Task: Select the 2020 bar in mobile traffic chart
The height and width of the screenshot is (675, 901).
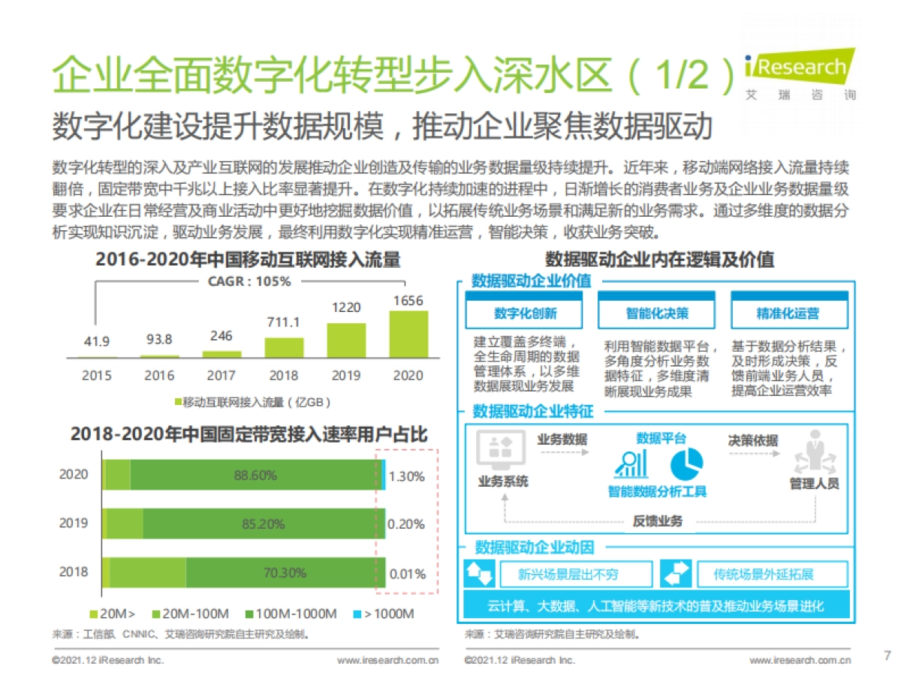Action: [x=408, y=334]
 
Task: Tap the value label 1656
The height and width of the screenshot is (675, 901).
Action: [x=408, y=301]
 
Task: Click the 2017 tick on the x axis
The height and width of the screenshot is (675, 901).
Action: [x=221, y=375]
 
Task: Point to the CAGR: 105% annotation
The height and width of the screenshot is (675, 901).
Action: [x=249, y=281]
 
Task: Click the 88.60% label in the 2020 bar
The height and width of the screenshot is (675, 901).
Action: [x=255, y=475]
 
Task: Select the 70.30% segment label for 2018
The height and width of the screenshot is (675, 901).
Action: [x=285, y=573]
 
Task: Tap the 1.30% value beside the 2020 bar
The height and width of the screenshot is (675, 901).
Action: [x=407, y=476]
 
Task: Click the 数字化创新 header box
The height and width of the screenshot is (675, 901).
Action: [x=526, y=313]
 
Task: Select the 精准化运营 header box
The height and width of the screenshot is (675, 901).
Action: [x=788, y=313]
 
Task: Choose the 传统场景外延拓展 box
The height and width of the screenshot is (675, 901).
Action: [x=764, y=574]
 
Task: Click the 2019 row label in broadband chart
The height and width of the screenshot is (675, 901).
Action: [x=74, y=523]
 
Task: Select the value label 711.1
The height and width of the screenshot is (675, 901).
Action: [x=283, y=322]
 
